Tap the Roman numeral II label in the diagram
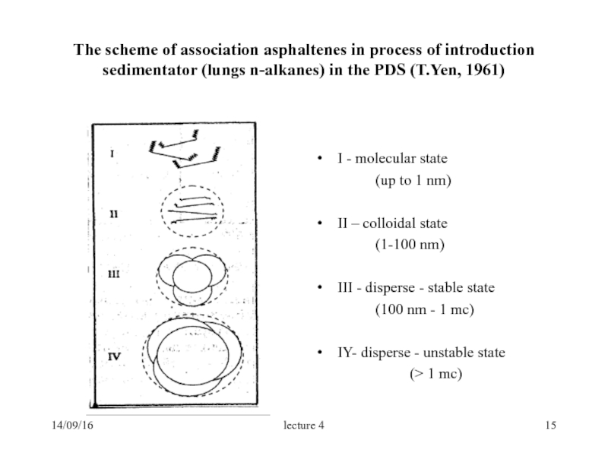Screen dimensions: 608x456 [x=112, y=214]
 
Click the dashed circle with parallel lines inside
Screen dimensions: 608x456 [x=192, y=208]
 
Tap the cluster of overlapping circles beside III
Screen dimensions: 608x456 [x=192, y=275]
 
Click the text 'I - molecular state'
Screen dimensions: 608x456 [x=393, y=160]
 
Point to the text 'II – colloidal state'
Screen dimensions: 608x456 [x=393, y=224]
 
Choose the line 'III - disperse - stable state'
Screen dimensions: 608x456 [x=416, y=288]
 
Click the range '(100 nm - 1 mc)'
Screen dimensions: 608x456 [x=424, y=310]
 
